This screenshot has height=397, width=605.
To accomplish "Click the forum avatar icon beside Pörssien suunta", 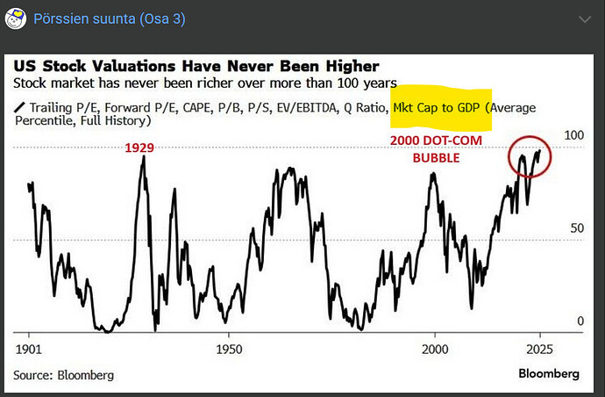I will click(x=15, y=18).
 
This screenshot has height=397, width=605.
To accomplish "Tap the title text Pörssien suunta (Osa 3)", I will click(x=110, y=18).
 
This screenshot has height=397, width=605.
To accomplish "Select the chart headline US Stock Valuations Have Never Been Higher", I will click(x=196, y=66).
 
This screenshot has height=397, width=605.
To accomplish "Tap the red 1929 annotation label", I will click(x=139, y=148).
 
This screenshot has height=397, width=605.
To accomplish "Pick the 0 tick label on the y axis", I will click(x=580, y=321).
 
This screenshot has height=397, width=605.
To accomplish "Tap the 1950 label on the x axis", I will click(x=229, y=347).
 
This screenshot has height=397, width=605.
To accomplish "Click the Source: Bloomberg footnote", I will click(x=63, y=375).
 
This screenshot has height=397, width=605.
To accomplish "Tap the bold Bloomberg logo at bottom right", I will click(x=548, y=373).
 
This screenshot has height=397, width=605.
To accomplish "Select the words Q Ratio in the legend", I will click(x=361, y=107).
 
